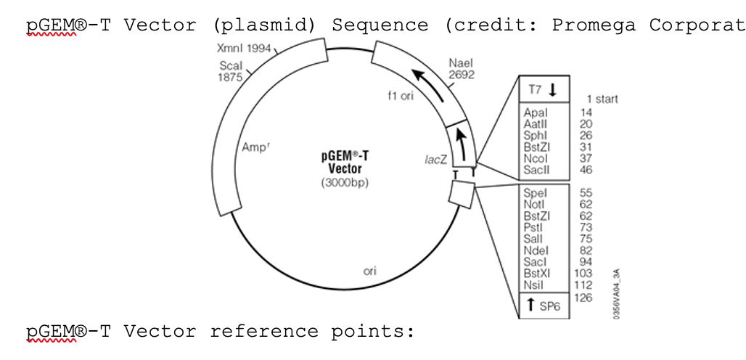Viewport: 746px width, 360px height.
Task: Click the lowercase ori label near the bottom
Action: click(369, 271)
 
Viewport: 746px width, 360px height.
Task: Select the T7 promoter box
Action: click(543, 89)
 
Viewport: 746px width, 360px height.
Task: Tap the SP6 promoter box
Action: click(543, 306)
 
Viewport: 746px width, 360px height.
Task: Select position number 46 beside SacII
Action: click(586, 170)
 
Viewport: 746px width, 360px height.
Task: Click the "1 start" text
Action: click(602, 99)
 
